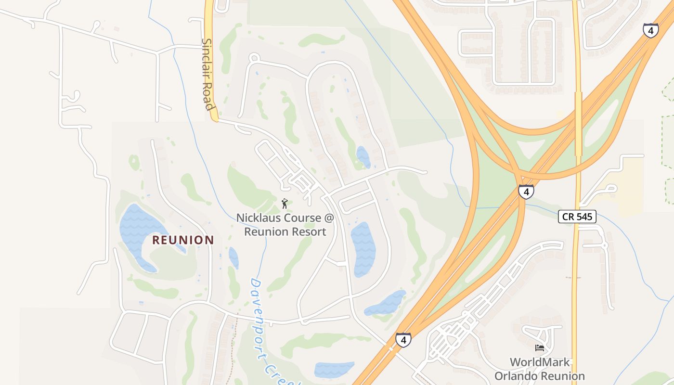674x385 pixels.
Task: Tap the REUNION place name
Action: click(x=183, y=240)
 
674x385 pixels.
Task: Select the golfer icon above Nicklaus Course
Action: click(x=285, y=204)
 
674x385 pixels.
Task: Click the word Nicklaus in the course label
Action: click(x=259, y=218)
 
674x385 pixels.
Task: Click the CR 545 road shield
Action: click(x=577, y=217)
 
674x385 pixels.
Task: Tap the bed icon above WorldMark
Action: click(x=539, y=348)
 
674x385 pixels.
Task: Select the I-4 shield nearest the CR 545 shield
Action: click(x=526, y=192)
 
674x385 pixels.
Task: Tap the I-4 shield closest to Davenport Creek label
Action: click(x=403, y=340)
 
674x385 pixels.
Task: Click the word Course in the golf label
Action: click(x=302, y=218)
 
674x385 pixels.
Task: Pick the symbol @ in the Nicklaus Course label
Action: click(x=329, y=218)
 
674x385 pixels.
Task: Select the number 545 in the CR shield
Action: click(x=584, y=217)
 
